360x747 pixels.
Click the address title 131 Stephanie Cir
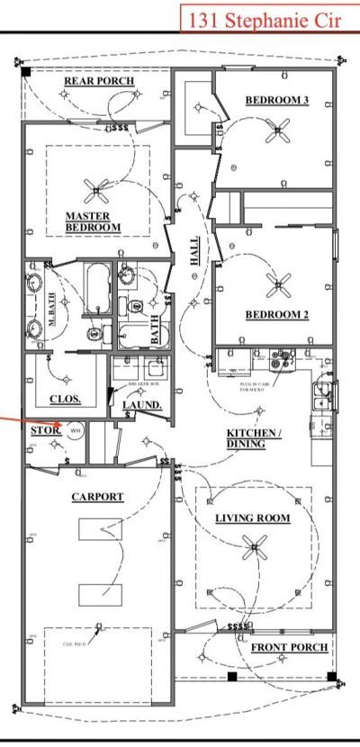(268, 17)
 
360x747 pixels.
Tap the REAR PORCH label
(99, 81)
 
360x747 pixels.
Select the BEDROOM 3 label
(276, 100)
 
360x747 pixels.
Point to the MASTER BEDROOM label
(94, 221)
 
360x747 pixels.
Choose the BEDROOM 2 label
(277, 315)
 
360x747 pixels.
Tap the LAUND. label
(142, 405)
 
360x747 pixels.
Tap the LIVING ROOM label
(252, 518)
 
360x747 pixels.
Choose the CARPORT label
(97, 497)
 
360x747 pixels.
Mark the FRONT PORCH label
(289, 648)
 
